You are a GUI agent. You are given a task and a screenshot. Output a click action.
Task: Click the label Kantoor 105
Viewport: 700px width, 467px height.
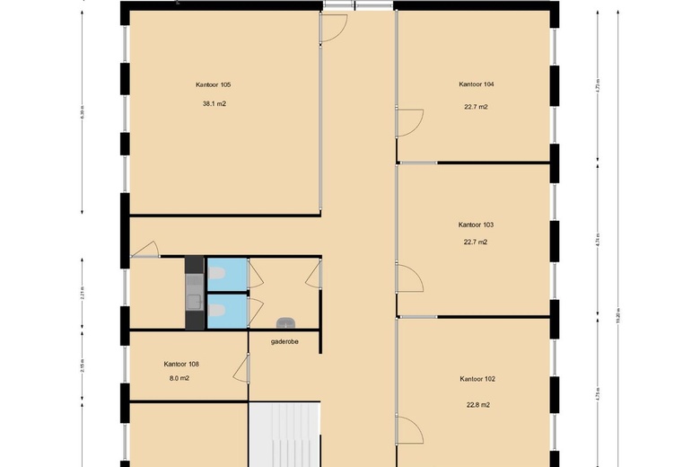214,84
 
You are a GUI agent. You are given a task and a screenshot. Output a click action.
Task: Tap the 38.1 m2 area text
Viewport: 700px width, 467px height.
214,103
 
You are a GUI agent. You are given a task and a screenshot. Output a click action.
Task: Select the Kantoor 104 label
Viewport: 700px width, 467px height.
477,84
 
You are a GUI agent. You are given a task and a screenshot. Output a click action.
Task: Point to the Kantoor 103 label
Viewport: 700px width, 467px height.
477,225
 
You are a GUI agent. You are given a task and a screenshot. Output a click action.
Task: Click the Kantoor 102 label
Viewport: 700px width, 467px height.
477,379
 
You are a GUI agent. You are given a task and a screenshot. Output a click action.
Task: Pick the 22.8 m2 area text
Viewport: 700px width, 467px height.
477,405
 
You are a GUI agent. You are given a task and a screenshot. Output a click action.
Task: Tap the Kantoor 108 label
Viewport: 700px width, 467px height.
181,364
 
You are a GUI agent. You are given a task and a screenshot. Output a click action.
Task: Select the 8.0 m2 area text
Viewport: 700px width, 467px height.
179,378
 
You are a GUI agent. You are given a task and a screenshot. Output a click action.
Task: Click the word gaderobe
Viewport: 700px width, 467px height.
284,341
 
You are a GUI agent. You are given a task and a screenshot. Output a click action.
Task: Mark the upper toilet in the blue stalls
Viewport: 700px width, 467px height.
218,273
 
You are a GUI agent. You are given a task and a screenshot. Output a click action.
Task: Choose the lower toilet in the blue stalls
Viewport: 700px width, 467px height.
218,310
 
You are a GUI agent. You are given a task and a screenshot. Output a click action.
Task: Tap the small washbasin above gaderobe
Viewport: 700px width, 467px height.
285,322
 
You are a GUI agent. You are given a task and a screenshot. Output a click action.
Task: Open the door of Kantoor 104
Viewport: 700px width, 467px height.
409,122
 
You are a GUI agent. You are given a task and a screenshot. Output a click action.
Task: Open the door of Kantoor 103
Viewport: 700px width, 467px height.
409,278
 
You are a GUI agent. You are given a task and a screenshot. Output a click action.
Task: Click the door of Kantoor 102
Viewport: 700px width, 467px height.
409,432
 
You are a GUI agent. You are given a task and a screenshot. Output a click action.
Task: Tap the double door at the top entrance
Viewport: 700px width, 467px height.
355,6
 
